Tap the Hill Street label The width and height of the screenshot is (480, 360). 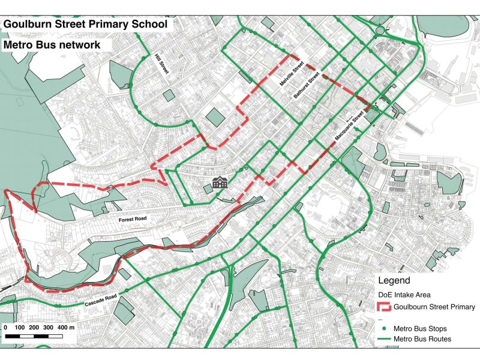pos(161,64)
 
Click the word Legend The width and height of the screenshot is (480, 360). pos(394,281)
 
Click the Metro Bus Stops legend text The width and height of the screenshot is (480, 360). pos(420,329)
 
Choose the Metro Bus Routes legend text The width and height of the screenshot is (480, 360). pos(422,339)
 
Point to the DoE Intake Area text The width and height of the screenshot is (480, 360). pos(404,295)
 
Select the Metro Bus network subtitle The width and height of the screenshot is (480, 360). pos(52,45)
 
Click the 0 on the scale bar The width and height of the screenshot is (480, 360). pos(5,328)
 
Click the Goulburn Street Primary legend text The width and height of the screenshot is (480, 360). pos(434,307)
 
